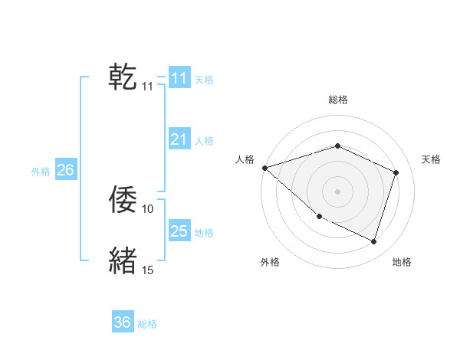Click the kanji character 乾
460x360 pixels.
point(123,77)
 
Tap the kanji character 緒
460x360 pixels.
point(123,260)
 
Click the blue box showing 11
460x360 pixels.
point(179,78)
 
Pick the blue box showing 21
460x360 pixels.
point(179,139)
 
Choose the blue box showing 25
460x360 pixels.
point(179,231)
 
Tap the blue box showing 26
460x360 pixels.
point(65,170)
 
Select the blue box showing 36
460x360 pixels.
point(123,322)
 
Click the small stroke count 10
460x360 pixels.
point(148,208)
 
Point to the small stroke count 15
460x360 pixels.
point(148,270)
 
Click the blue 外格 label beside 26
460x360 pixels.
point(41,172)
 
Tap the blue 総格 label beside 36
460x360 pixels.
point(147,324)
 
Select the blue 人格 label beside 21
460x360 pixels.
point(204,141)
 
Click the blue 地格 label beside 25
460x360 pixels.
point(204,232)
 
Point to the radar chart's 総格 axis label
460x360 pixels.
point(338,100)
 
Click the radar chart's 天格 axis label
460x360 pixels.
point(431,159)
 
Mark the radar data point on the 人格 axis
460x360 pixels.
point(264,167)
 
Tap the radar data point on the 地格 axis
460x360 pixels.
point(373,241)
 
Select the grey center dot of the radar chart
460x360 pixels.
point(337,191)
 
